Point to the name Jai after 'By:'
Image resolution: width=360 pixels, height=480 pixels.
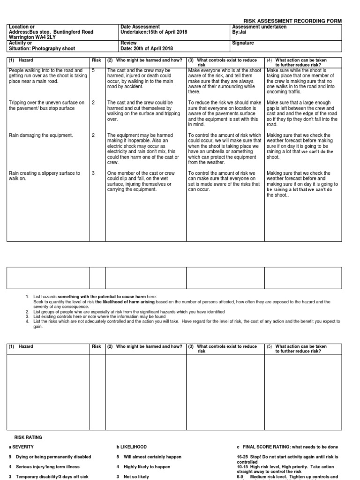click(x=244, y=32)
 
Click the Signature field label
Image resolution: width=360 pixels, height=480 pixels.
click(x=243, y=43)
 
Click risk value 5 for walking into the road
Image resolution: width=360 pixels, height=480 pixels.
click(x=93, y=70)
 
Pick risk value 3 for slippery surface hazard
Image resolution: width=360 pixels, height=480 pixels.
click(x=93, y=173)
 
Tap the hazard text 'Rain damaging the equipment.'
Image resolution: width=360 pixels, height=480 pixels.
click(x=41, y=135)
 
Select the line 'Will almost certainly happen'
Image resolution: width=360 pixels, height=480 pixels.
click(x=152, y=457)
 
